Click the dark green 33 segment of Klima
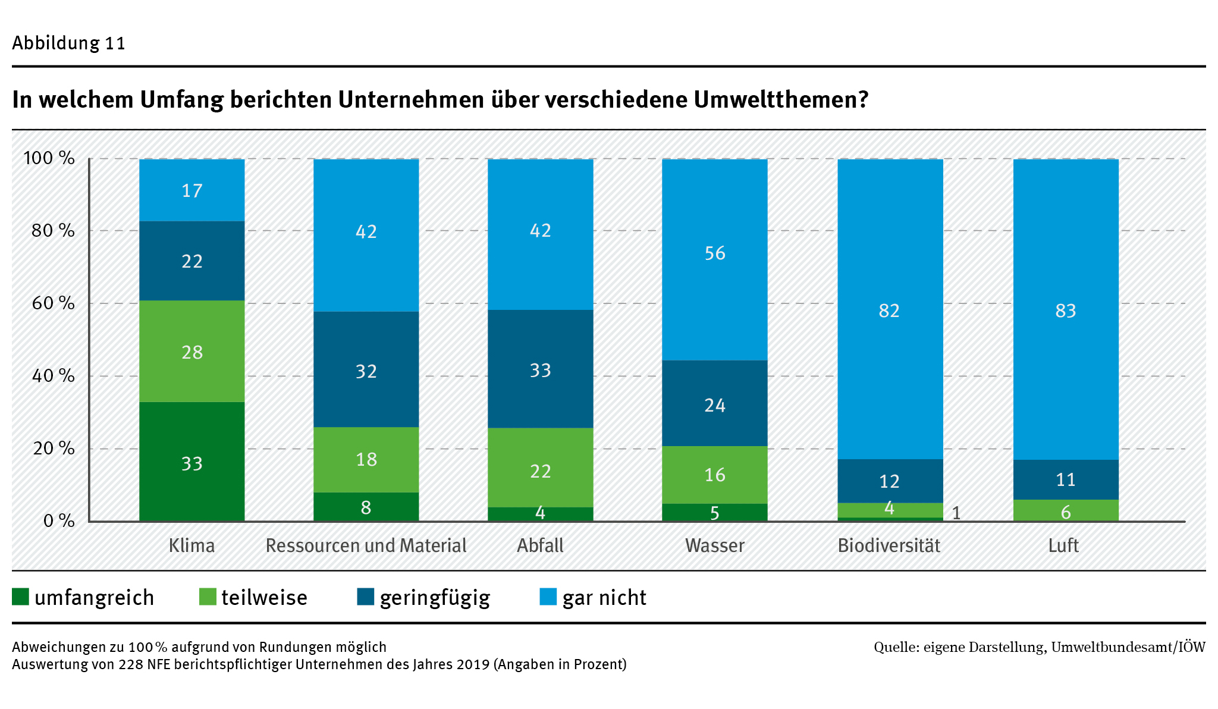tap(192, 462)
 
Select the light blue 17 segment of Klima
tap(192, 190)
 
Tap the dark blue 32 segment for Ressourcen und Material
tap(366, 369)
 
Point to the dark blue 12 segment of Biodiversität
tap(890, 481)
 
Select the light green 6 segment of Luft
tap(1065, 510)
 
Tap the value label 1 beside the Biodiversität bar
tap(956, 513)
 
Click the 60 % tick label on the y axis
tap(53, 303)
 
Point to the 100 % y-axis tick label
tap(49, 158)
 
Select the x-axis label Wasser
tap(714, 545)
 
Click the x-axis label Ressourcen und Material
tap(366, 545)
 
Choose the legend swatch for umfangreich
tap(20, 597)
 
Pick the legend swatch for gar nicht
tap(548, 597)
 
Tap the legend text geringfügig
tap(435, 598)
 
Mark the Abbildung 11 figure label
tap(68, 43)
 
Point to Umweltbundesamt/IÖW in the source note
tap(1128, 647)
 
